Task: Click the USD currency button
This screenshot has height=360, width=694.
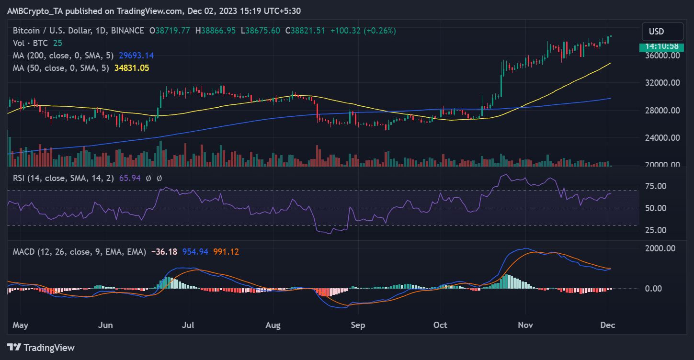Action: click(662, 32)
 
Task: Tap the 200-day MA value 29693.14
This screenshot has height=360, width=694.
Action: click(137, 56)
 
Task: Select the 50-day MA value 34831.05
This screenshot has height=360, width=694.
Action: click(132, 68)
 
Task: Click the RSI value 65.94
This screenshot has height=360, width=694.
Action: click(130, 178)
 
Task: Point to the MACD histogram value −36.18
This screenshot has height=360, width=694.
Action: click(164, 252)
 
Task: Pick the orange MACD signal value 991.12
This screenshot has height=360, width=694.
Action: click(226, 252)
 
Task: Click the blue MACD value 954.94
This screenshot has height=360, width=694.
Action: click(195, 252)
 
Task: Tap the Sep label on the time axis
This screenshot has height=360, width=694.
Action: click(358, 325)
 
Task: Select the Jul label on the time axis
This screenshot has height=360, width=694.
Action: click(188, 325)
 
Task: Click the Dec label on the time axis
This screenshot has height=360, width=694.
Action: click(608, 325)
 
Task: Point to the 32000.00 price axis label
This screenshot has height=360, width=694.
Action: click(662, 83)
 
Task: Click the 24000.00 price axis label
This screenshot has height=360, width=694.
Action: click(662, 137)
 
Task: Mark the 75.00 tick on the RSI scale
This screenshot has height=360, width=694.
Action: click(656, 186)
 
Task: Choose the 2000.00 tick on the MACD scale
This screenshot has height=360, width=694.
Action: click(660, 248)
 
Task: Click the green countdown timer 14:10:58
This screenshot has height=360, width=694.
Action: click(662, 47)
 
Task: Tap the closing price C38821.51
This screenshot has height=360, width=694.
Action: click(305, 31)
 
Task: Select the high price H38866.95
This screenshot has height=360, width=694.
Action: click(216, 31)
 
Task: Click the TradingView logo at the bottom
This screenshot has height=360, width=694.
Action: click(41, 348)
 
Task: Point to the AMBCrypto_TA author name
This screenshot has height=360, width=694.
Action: click(35, 11)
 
